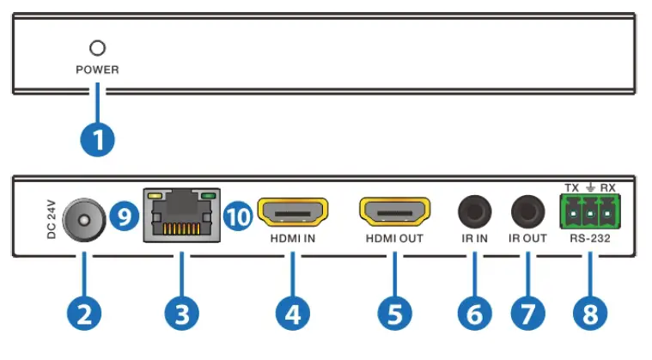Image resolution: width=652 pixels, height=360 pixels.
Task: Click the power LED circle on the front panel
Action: [97, 48]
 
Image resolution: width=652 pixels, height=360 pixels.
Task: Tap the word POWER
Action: [97, 70]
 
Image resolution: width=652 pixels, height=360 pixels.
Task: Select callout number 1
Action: [97, 140]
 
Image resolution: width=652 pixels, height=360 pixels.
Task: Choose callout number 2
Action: [82, 315]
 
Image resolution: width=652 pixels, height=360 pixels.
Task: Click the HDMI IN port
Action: [293, 211]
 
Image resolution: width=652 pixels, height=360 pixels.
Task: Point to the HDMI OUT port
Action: [393, 211]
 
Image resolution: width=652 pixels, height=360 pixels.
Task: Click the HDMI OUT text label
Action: [393, 239]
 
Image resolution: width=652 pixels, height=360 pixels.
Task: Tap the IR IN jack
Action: [473, 211]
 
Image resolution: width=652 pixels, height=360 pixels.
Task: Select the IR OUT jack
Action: [527, 211]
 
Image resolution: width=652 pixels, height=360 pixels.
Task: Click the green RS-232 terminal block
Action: [588, 211]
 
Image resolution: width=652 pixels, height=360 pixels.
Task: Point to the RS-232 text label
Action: [589, 239]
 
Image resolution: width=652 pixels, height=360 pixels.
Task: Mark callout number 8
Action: [589, 315]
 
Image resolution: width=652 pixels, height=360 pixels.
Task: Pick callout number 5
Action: [393, 315]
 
